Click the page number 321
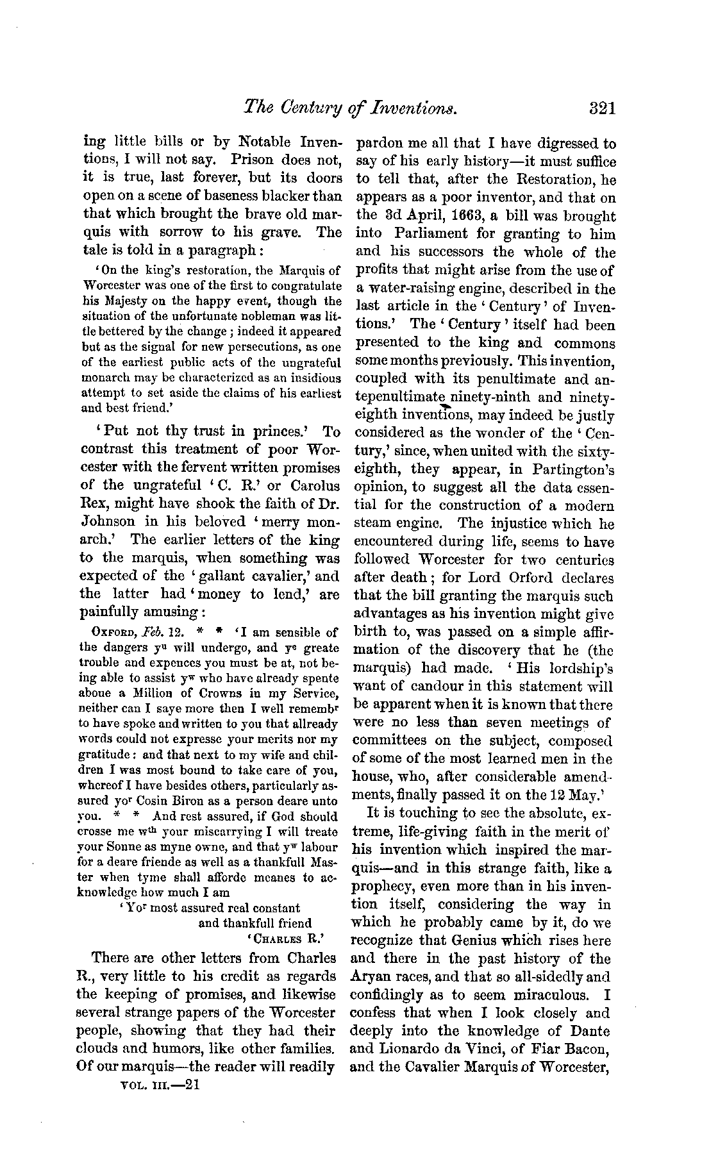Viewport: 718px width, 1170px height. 602,107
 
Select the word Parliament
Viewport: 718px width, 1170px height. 436,234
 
